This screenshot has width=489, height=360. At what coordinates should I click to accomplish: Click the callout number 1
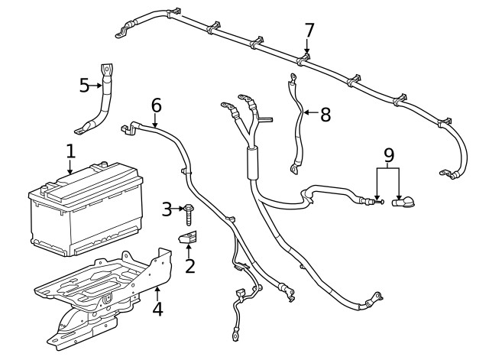pyautogui.click(x=70, y=151)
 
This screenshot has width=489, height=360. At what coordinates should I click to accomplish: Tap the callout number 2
pyautogui.click(x=189, y=266)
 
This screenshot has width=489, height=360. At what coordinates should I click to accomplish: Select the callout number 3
pyautogui.click(x=167, y=209)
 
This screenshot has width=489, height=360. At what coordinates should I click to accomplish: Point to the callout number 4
pyautogui.click(x=157, y=310)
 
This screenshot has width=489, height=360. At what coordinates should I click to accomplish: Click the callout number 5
pyautogui.click(x=85, y=85)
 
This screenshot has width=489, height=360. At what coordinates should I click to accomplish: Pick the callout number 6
pyautogui.click(x=156, y=105)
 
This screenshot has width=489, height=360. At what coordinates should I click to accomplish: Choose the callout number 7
pyautogui.click(x=309, y=31)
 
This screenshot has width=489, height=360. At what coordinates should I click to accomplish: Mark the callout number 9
pyautogui.click(x=389, y=155)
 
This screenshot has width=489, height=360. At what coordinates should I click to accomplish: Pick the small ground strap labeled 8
pyautogui.click(x=295, y=126)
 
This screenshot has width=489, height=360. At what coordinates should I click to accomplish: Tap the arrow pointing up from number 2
pyautogui.click(x=189, y=250)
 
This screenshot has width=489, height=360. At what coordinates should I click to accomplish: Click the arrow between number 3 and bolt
pyautogui.click(x=179, y=209)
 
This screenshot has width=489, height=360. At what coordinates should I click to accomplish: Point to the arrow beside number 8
pyautogui.click(x=309, y=115)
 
